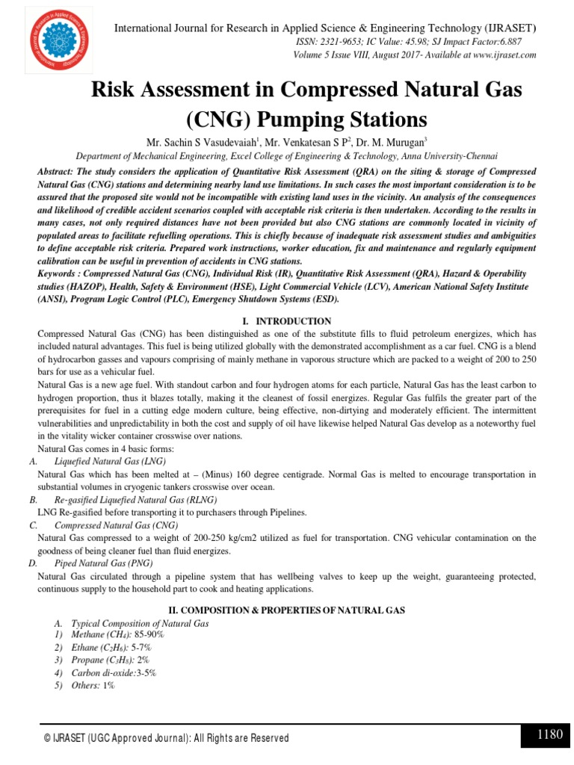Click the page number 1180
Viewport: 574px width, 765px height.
(549, 735)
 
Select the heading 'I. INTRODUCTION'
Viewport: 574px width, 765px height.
(287, 321)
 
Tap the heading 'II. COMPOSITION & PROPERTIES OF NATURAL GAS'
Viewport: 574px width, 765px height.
(287, 610)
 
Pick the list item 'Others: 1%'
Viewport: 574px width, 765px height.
(93, 685)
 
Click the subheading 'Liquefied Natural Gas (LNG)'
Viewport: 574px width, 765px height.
(110, 462)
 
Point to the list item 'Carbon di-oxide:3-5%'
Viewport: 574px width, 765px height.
(114, 672)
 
